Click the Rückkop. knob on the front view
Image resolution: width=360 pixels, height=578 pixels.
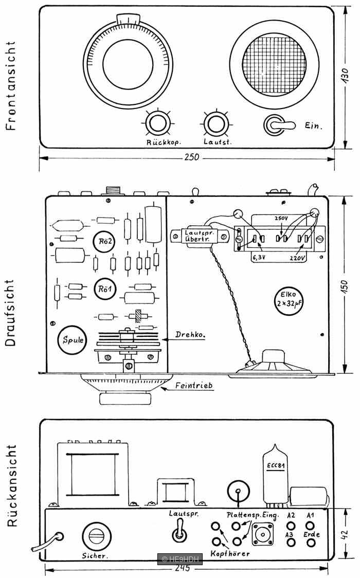(x=157, y=124)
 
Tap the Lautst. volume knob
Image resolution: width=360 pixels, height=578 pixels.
(x=216, y=124)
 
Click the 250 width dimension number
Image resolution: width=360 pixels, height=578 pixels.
(x=192, y=157)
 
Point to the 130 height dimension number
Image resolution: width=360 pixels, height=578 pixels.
(x=345, y=76)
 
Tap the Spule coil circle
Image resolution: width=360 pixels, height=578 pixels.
(x=72, y=340)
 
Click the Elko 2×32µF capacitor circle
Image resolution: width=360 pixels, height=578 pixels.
(x=290, y=300)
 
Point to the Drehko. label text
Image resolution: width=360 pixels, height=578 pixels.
(x=190, y=335)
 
